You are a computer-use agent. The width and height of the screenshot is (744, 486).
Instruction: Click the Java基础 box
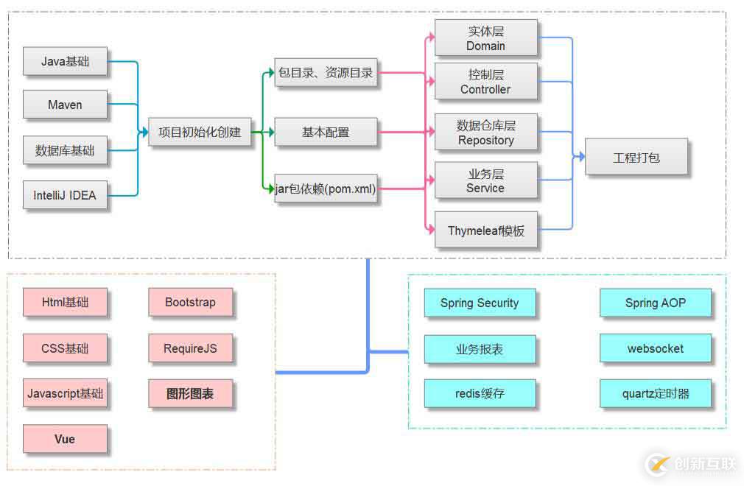coord(65,62)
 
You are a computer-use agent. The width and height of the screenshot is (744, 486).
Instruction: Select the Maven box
coord(65,105)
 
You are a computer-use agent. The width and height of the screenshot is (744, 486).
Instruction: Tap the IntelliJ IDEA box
coord(65,195)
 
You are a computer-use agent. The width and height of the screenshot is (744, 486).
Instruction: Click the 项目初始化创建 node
coord(199,133)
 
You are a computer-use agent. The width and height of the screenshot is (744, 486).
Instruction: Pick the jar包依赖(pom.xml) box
coord(326,189)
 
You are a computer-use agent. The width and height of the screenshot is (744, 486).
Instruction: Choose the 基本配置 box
coord(326,133)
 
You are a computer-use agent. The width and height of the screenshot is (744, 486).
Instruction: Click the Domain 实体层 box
coord(485,38)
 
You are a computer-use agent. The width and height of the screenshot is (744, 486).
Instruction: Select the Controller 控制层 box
coord(485,82)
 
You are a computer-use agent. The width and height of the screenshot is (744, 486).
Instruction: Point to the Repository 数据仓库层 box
coord(485,133)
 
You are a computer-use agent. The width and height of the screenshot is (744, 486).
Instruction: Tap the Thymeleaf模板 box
coord(485,230)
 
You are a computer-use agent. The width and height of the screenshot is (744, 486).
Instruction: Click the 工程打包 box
coord(636,157)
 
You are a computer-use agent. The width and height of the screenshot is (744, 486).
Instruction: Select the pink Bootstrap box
coord(190,303)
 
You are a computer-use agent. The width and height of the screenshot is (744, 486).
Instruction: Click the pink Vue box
coord(65,439)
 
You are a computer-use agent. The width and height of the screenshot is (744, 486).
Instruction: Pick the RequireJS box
coord(190,348)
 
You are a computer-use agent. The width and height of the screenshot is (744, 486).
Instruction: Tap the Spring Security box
coord(480,303)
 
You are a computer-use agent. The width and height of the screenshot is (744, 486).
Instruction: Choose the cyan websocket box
coord(656,348)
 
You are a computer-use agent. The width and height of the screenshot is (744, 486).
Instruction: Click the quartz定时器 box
coord(656,393)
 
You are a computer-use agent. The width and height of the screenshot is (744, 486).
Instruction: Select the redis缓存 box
coord(480,393)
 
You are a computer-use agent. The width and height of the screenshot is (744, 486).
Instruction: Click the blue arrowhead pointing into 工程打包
coord(581,157)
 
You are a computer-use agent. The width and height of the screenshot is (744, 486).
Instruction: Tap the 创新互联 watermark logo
coord(692,464)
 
